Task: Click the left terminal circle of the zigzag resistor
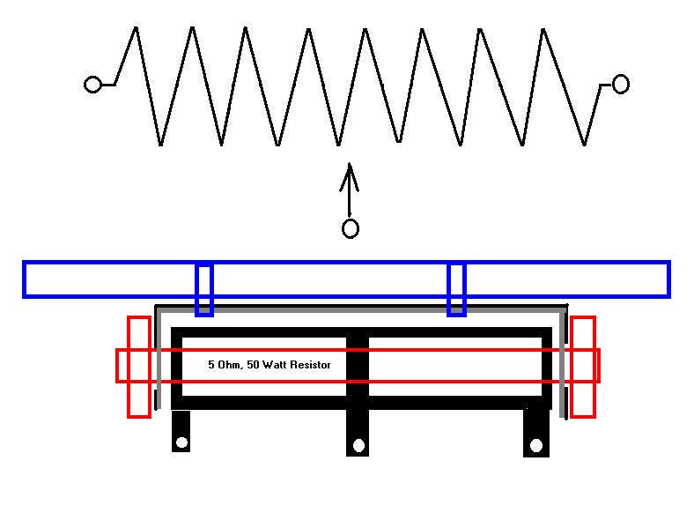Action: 92,85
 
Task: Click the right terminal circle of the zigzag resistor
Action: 620,85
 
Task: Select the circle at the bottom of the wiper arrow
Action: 350,229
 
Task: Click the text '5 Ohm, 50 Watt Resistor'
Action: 269,364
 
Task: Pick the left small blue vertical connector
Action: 204,289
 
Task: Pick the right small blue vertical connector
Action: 456,289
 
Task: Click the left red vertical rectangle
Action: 139,366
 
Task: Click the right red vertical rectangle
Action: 583,366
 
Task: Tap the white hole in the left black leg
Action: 181,442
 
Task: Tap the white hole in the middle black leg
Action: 358,445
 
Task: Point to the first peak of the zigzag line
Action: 135,28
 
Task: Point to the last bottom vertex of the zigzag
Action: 585,145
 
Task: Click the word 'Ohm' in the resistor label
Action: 227,364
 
